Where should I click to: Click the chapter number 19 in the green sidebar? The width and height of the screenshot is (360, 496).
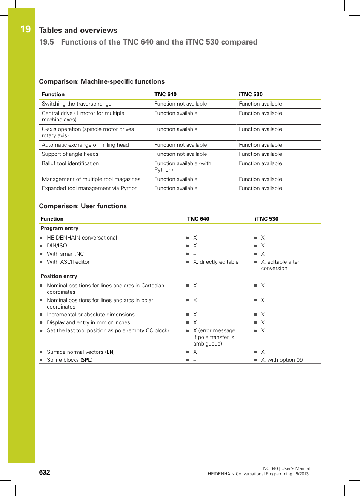coord(25,29)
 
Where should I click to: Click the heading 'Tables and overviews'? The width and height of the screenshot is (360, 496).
coord(78,31)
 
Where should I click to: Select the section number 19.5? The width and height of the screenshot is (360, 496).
coord(46,42)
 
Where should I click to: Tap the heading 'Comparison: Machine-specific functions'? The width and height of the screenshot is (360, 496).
coord(102,82)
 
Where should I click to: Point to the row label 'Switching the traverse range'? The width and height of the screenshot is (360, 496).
coord(77,104)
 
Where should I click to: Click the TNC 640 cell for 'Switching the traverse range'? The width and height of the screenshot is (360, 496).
coord(180,104)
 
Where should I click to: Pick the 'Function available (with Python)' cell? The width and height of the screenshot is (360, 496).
coord(183,167)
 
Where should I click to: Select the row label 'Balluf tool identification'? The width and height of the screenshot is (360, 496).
coord(70,164)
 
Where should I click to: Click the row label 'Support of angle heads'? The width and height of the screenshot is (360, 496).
coord(70,154)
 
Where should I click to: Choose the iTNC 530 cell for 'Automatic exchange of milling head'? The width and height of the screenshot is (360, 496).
coord(260,145)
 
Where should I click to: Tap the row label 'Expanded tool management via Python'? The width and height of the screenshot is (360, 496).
coord(89,189)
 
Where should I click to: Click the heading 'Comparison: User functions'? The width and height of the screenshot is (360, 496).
coord(83,206)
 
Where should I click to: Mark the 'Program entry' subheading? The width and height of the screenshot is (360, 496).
coord(59,229)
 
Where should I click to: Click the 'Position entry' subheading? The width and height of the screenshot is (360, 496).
coord(58,276)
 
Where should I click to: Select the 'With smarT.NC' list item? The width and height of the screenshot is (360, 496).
coord(65,254)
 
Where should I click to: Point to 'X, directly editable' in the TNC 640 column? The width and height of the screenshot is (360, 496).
coord(215,262)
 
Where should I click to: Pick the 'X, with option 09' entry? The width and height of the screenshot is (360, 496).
coord(282,360)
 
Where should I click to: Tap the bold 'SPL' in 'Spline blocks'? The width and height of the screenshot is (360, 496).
coord(86,360)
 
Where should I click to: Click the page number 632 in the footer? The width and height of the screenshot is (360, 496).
coord(45,473)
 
